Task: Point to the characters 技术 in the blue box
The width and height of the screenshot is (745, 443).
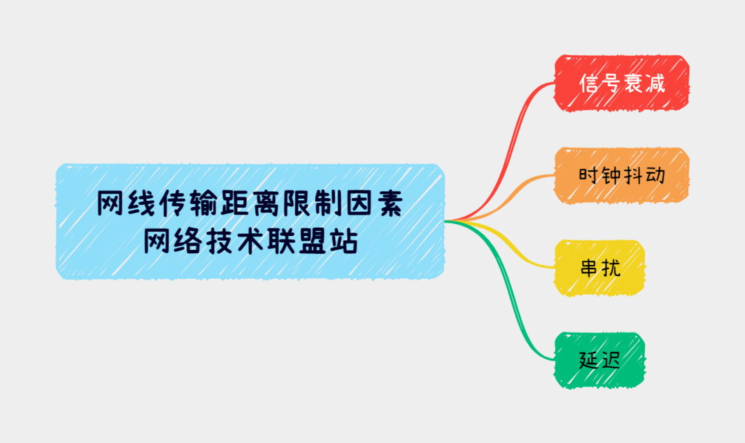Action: click(233, 242)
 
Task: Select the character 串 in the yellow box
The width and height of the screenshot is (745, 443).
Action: click(589, 267)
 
